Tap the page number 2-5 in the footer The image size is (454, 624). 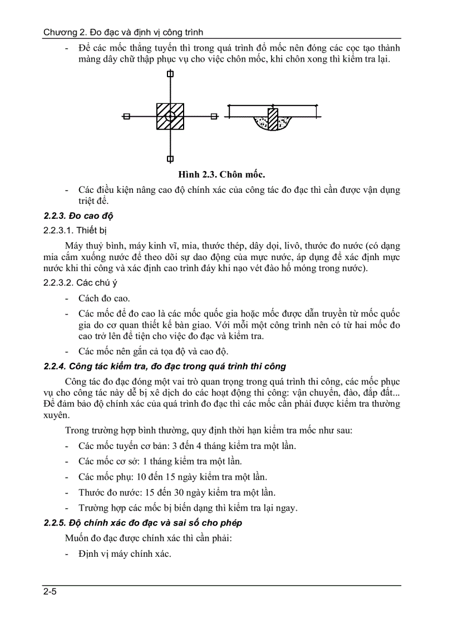tap(50, 592)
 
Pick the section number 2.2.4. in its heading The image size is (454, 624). tap(55, 366)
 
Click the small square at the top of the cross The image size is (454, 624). tap(170, 73)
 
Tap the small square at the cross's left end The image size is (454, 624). tap(127, 116)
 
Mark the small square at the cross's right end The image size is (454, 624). tap(214, 116)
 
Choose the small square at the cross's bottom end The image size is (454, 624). tap(170, 158)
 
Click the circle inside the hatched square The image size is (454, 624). tap(170, 116)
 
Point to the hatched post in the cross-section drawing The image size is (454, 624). tap(273, 119)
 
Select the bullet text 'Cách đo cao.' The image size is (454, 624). tap(104, 298)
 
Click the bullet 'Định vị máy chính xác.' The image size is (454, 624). tap(125, 554)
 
